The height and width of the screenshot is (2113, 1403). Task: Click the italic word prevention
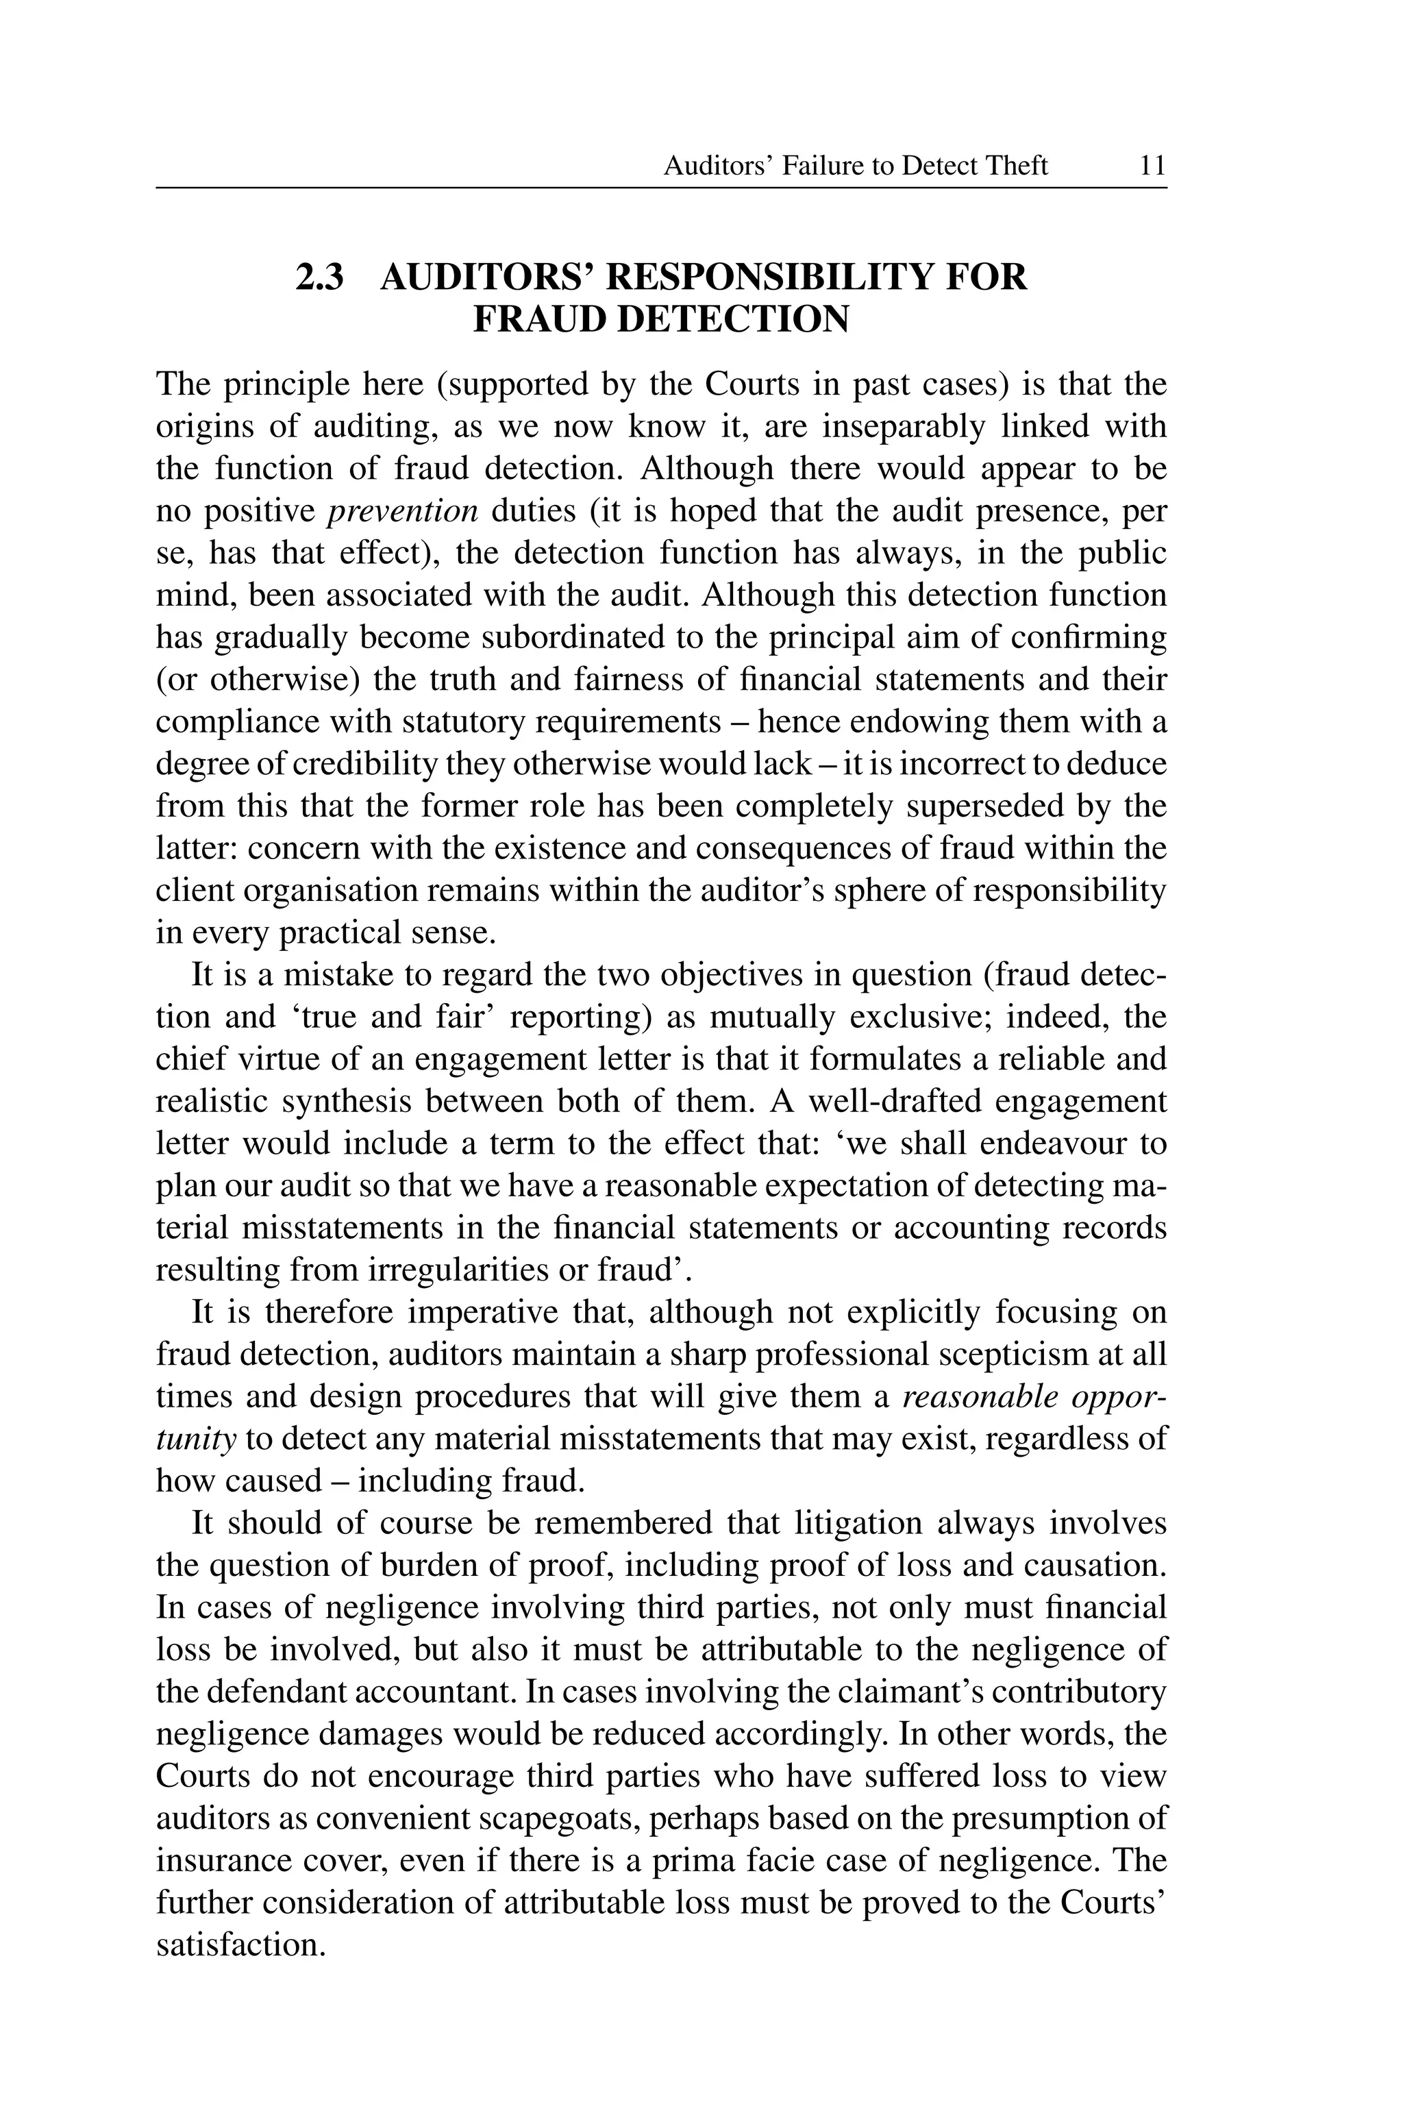coord(403,511)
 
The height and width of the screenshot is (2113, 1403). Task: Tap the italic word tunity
coord(196,1439)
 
